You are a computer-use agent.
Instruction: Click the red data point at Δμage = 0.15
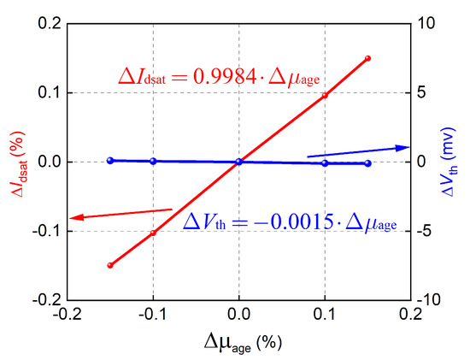point(367,58)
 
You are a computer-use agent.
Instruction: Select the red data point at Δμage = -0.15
point(110,265)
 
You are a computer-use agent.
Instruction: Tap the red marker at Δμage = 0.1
point(325,95)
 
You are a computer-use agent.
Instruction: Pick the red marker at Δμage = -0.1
point(153,233)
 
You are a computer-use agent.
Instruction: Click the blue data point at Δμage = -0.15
point(110,160)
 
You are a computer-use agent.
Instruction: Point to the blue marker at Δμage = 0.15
point(367,163)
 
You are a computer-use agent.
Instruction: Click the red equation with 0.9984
point(219,78)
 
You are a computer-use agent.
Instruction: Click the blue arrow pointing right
point(359,152)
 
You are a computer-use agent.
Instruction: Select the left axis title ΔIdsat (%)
point(15,161)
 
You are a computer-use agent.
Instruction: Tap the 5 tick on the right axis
point(424,92)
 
